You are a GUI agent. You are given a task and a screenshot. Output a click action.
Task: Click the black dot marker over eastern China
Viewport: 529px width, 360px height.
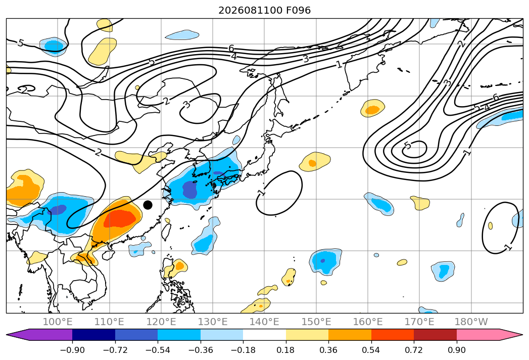pyautogui.click(x=148, y=205)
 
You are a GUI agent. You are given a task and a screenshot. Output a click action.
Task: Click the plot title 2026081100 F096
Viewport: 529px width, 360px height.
pyautogui.click(x=265, y=10)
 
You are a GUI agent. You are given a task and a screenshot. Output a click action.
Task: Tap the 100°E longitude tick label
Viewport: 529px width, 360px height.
pyautogui.click(x=58, y=322)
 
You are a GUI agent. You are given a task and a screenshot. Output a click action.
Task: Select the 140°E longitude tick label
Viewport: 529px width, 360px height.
pyautogui.click(x=264, y=322)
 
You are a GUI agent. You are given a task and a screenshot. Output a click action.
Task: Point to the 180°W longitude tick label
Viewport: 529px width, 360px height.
pyautogui.click(x=471, y=322)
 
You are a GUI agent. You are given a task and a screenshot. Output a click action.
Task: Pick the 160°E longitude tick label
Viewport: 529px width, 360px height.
pyautogui.click(x=368, y=322)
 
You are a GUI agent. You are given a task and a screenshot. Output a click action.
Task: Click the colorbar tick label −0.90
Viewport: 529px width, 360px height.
pyautogui.click(x=72, y=350)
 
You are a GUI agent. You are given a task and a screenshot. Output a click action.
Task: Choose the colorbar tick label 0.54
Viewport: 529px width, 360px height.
pyautogui.click(x=371, y=350)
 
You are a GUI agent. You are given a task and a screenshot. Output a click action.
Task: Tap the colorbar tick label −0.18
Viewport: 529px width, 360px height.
pyautogui.click(x=243, y=350)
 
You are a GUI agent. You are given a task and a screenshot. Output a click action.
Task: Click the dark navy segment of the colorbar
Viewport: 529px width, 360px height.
pyautogui.click(x=94, y=334)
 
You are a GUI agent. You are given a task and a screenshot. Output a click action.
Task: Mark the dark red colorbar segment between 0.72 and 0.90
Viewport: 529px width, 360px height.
pyautogui.click(x=435, y=334)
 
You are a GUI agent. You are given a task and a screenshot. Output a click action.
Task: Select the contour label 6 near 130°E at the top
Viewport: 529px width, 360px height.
pyautogui.click(x=231, y=49)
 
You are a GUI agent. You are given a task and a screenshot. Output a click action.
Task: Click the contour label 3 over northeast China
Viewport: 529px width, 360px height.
pyautogui.click(x=186, y=104)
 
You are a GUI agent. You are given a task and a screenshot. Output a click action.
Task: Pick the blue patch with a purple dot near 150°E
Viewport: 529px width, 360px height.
pyautogui.click(x=325, y=262)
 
